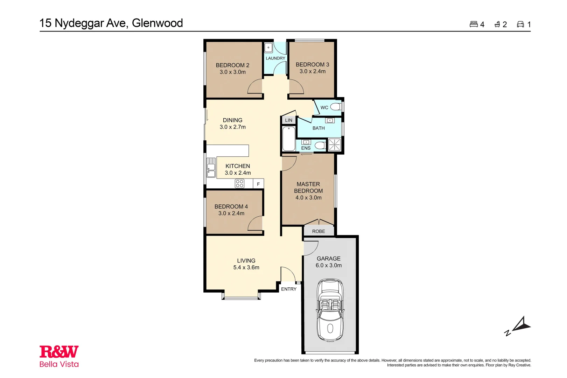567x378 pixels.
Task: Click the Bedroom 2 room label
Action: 232,65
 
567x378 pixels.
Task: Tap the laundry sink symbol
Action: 268,48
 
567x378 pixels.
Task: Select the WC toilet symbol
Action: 336,107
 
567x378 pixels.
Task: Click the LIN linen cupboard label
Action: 288,120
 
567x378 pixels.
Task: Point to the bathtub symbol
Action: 289,139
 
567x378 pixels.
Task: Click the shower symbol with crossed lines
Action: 334,145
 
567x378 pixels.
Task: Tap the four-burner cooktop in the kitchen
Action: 239,183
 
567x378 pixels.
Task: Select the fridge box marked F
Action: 258,184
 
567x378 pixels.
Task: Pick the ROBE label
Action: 318,231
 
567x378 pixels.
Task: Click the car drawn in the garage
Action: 330,310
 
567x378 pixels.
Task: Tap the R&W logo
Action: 59,352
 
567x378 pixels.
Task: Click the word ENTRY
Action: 289,289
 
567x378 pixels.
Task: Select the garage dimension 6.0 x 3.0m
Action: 329,266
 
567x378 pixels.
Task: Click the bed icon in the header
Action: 474,24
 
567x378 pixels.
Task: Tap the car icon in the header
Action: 520,24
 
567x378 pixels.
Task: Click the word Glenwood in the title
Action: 157,23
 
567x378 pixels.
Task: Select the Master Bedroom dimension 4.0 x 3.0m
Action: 308,198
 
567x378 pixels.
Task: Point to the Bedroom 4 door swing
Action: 255,223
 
